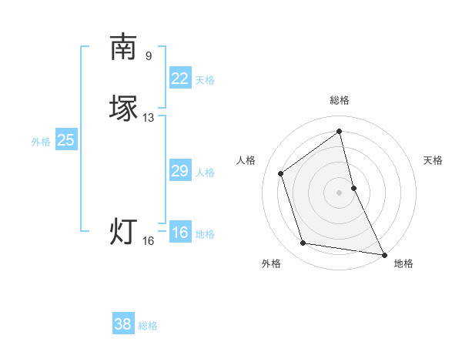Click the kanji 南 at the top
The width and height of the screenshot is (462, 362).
(x=123, y=47)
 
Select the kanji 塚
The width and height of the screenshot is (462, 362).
(x=123, y=107)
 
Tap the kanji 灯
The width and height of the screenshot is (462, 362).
(x=123, y=231)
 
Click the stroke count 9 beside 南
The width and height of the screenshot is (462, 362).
(x=149, y=55)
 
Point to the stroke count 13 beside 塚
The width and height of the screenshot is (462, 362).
(x=149, y=118)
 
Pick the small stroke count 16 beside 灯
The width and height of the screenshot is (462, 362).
(x=149, y=241)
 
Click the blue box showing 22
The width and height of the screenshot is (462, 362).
(x=179, y=79)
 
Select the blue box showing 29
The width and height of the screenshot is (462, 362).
(x=179, y=171)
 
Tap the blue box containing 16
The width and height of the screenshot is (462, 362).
(x=179, y=233)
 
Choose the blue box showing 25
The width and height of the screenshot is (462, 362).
(x=66, y=140)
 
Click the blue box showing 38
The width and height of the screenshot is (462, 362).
(x=123, y=324)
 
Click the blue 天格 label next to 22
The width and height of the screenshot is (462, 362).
(x=205, y=80)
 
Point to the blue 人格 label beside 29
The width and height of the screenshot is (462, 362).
(x=205, y=173)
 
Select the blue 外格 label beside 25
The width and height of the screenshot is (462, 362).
(x=41, y=142)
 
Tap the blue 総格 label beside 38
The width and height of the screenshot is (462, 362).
(x=148, y=326)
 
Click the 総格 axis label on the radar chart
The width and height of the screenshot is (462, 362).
(x=340, y=100)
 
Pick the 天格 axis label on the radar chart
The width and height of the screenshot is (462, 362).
(x=433, y=160)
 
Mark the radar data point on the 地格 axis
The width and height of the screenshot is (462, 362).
(x=383, y=253)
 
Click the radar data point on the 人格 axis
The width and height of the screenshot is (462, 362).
(x=281, y=173)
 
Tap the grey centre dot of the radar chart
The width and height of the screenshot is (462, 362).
(x=340, y=192)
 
